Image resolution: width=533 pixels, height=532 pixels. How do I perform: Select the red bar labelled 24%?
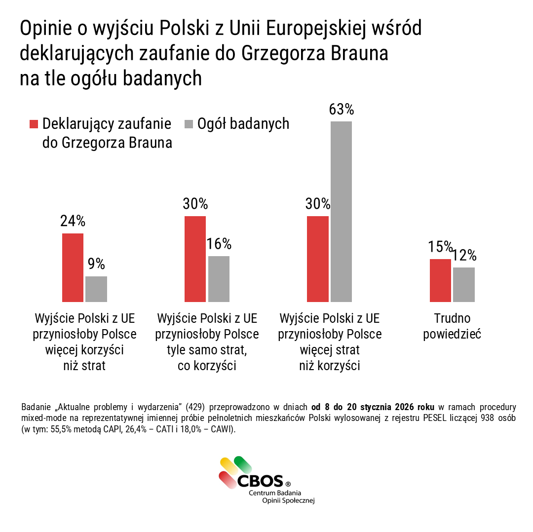coord(73,267)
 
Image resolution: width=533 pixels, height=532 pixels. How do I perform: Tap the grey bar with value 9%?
coord(96,289)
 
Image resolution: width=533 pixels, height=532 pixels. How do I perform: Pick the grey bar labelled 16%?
coord(219,279)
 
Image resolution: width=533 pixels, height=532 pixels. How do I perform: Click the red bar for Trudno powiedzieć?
coord(440,280)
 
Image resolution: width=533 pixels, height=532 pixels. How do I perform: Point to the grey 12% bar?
coord(464,284)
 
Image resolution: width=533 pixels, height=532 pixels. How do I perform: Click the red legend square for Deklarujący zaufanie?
coord(34,124)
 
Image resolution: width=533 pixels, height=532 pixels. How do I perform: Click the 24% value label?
coord(73,221)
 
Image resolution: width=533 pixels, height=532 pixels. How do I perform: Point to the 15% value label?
coord(440,246)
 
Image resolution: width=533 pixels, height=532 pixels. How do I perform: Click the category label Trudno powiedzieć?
coord(453,326)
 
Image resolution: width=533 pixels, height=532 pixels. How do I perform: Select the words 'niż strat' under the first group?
coord(84,366)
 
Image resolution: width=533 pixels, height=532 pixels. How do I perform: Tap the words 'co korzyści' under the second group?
coord(207,366)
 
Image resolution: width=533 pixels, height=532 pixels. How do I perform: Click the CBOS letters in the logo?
coord(261,480)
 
